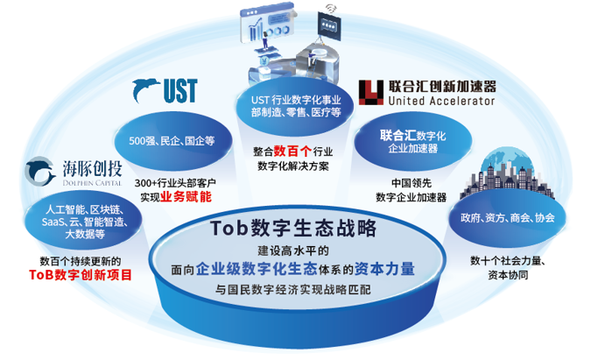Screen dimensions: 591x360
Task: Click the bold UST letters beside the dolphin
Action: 179,89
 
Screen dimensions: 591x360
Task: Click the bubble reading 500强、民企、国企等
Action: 172,140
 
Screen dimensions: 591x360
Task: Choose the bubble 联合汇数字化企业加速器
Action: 412,141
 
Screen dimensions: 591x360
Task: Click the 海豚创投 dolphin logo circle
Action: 38,173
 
